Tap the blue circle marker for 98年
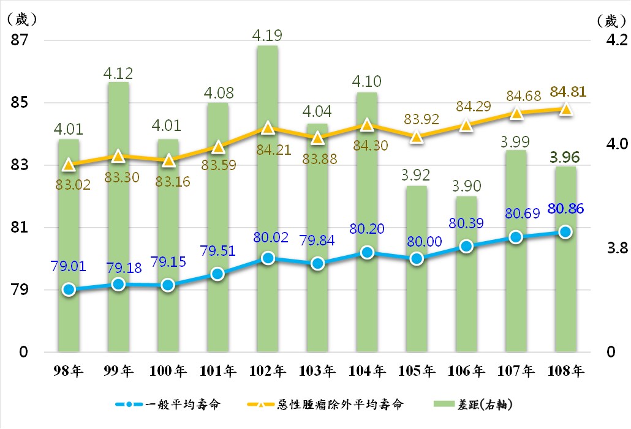coord(69,289)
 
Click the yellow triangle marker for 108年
coord(565,109)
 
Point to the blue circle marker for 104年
coord(367,252)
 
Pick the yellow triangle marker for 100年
coord(168,160)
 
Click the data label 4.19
coord(267,35)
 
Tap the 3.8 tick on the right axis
coord(616,248)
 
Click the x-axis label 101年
coord(217,371)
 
